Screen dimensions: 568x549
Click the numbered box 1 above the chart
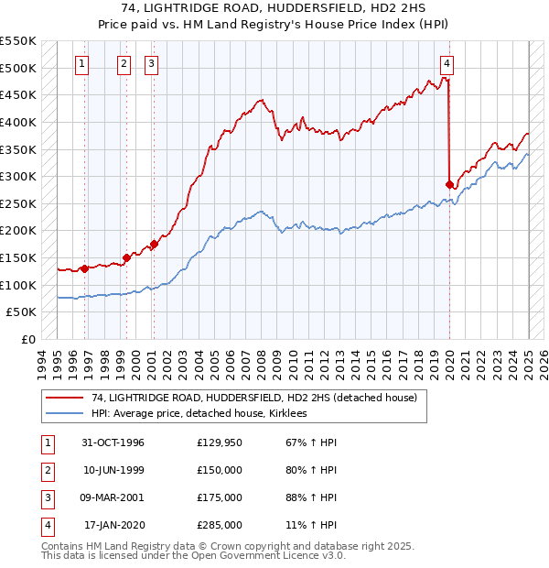(82, 64)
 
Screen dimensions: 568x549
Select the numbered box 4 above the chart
(447, 64)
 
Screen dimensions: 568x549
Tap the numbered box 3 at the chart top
(151, 64)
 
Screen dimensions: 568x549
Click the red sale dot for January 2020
(449, 184)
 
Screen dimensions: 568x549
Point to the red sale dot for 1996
(84, 268)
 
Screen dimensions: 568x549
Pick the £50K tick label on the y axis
(21, 312)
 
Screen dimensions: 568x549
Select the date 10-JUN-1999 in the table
(113, 469)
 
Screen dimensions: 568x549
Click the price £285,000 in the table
(220, 525)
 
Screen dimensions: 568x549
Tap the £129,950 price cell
(220, 442)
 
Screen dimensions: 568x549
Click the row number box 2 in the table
(46, 469)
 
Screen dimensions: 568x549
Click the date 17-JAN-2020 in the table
(113, 525)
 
